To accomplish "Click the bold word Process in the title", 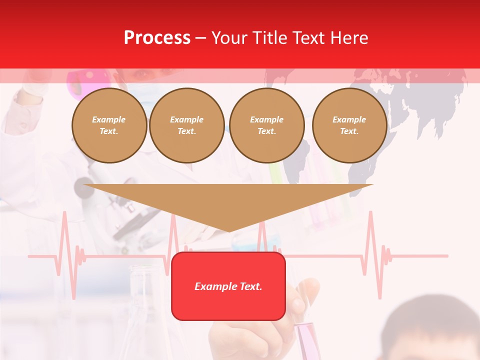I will [x=157, y=38].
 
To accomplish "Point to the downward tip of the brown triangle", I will [x=229, y=230].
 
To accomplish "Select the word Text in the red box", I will [x=249, y=286].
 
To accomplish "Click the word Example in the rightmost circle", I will [x=349, y=119].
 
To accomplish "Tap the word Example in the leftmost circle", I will [x=108, y=119].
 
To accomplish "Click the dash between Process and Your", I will [x=200, y=38].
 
